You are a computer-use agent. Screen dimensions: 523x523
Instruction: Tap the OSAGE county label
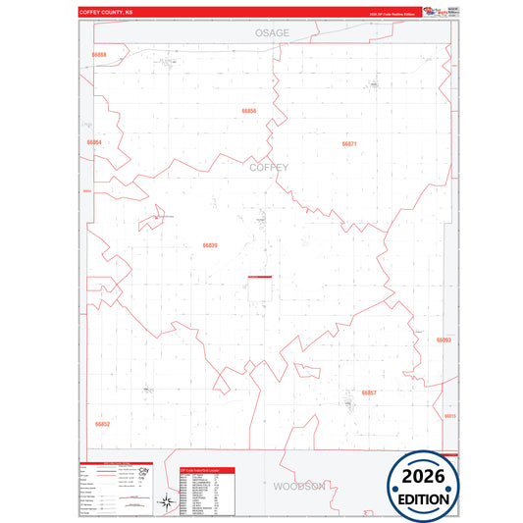coord(272,33)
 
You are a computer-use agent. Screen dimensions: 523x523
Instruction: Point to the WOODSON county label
coord(298,486)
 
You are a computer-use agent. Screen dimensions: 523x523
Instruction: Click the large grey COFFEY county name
coord(269,168)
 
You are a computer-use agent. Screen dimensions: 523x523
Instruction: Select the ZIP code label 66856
coord(248,111)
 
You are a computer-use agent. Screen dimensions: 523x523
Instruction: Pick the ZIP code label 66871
coord(349,144)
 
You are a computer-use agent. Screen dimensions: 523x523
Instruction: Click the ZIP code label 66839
coord(210,245)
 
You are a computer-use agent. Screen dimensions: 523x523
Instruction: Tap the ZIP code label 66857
coord(368,392)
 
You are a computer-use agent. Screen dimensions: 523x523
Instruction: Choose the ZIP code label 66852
coord(103,424)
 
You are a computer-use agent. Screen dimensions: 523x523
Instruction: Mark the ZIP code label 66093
coord(444,340)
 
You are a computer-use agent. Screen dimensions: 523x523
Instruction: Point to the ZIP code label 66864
coord(94,142)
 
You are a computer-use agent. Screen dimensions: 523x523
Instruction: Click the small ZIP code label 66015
coord(450,416)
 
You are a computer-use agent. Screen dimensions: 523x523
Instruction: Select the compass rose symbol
coord(168,500)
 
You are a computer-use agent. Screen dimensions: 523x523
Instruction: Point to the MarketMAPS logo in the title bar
coord(432,11)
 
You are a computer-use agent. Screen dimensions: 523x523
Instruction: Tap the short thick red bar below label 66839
coord(260,276)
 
